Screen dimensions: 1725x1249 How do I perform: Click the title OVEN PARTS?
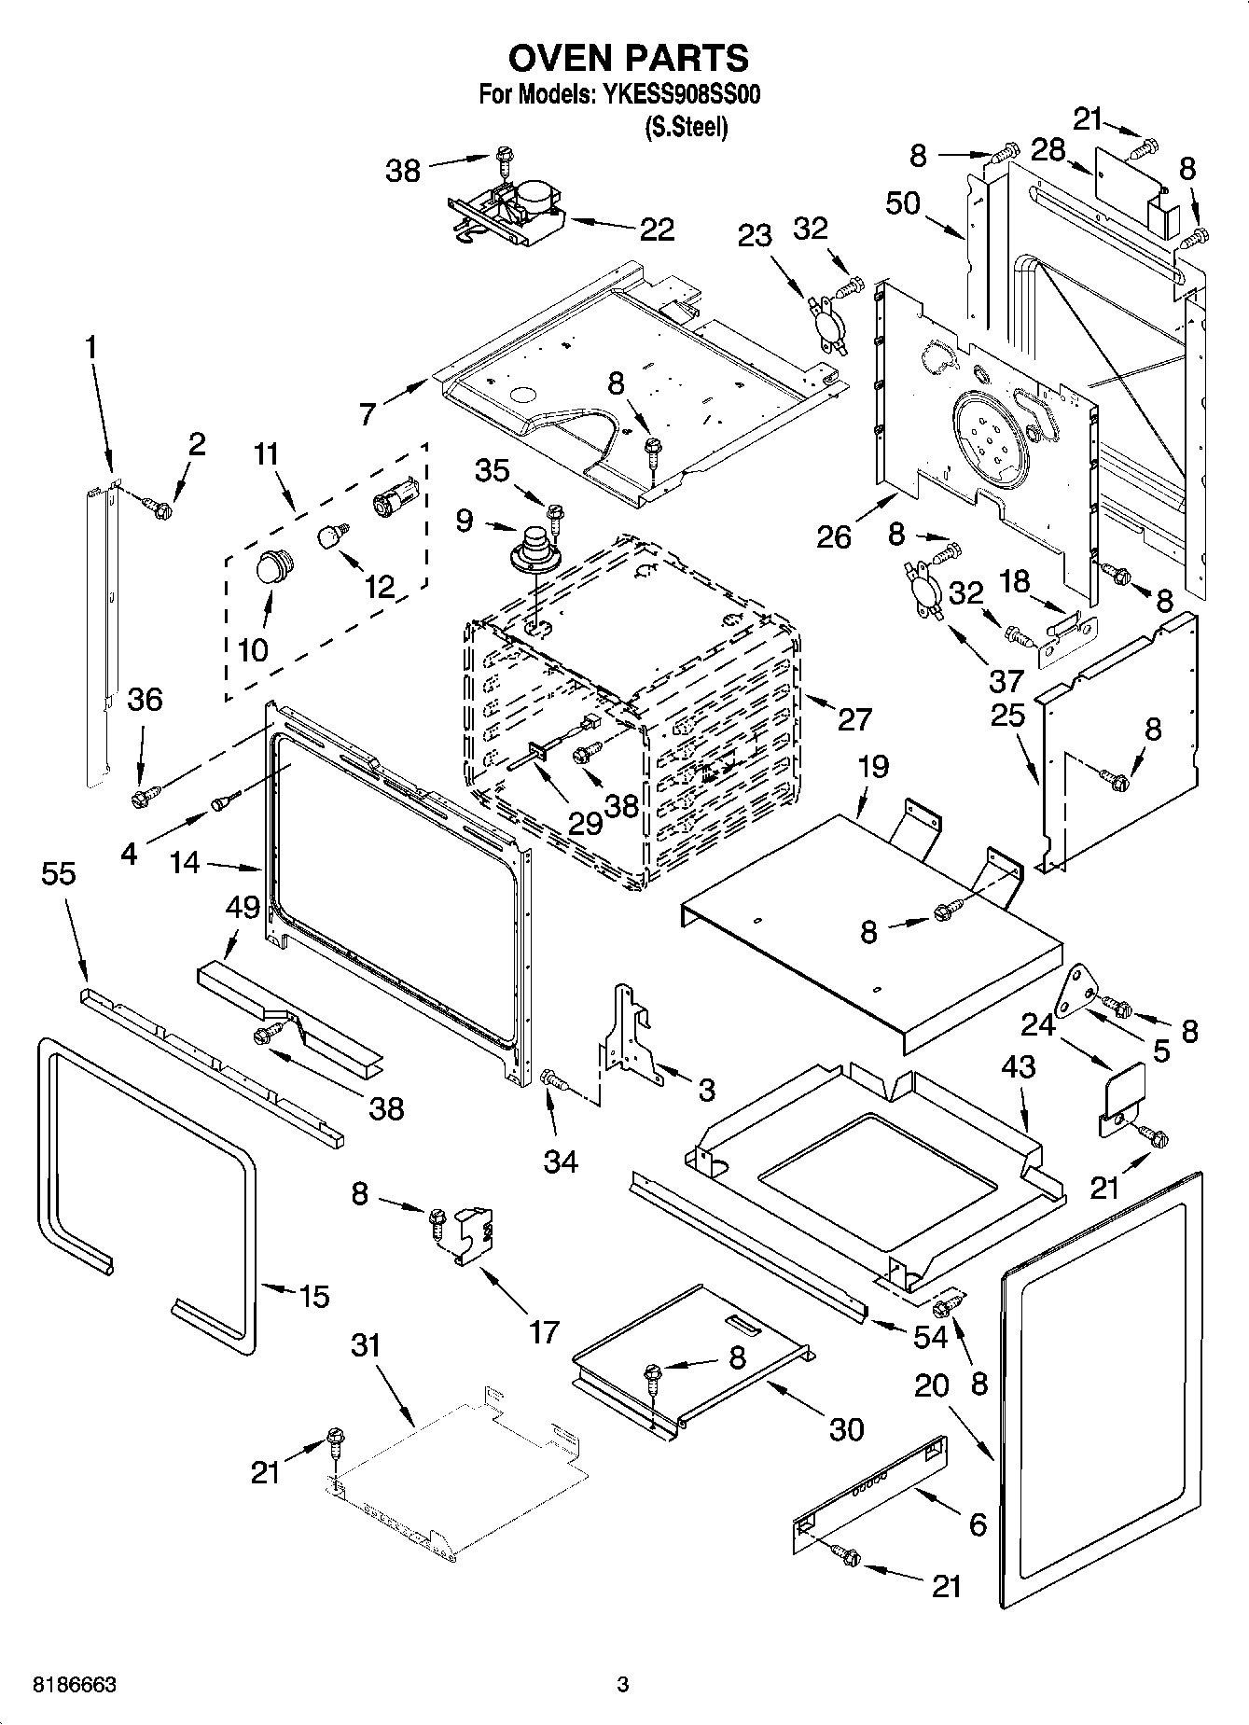point(628,58)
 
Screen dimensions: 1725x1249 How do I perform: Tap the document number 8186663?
point(75,1685)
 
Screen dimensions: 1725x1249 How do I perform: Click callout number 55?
point(59,873)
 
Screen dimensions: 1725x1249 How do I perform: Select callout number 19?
point(873,767)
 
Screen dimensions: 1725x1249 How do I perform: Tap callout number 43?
point(1019,1066)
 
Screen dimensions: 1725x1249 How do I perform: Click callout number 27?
point(854,718)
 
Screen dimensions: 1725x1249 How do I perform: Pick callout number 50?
point(903,203)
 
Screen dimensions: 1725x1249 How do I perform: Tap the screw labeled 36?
point(143,799)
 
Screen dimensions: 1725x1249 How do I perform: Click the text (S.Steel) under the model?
point(685,127)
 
